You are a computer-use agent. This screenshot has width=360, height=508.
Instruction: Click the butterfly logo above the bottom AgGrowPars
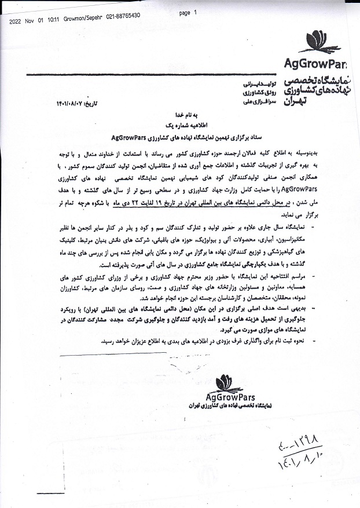click(229, 383)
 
